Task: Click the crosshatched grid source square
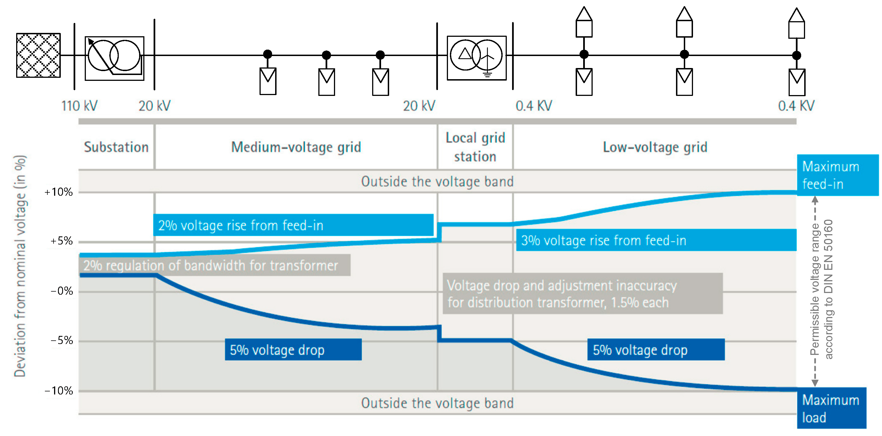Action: coord(38,55)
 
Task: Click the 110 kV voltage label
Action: coord(79,106)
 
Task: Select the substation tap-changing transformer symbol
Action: coord(114,58)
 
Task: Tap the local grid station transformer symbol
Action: coord(476,58)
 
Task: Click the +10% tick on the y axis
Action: coord(59,192)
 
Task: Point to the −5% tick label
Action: coord(62,340)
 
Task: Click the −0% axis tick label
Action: coord(62,291)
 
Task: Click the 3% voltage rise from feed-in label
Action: coord(656,240)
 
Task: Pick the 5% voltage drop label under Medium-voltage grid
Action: coord(293,350)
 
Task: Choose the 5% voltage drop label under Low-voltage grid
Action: coord(656,350)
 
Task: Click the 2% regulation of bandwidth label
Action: coord(214,265)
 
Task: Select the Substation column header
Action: coord(117,147)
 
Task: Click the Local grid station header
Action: coord(475,147)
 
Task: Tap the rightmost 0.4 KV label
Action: coord(796,106)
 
